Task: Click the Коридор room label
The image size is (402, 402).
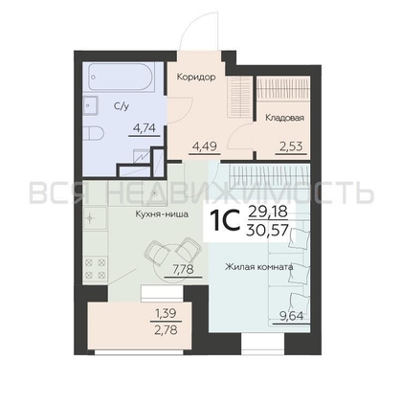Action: click(x=196, y=77)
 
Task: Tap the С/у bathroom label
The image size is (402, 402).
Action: click(x=122, y=106)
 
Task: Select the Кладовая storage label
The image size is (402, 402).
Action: click(x=284, y=118)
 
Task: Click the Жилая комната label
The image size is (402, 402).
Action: click(x=258, y=267)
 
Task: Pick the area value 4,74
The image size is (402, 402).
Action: click(x=145, y=128)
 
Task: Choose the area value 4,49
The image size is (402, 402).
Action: click(x=205, y=146)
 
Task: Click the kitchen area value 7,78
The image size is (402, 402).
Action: click(x=183, y=270)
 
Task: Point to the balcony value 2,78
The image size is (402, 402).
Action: click(x=166, y=329)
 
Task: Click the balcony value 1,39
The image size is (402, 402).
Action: click(x=166, y=314)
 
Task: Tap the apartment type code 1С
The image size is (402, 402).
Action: click(x=225, y=221)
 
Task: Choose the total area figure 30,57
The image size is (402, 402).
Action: click(x=267, y=229)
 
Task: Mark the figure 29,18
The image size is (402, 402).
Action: click(x=267, y=212)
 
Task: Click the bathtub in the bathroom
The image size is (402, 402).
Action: click(x=122, y=77)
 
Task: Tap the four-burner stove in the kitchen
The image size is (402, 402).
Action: click(x=95, y=268)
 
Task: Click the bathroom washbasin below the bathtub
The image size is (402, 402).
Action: click(x=91, y=105)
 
